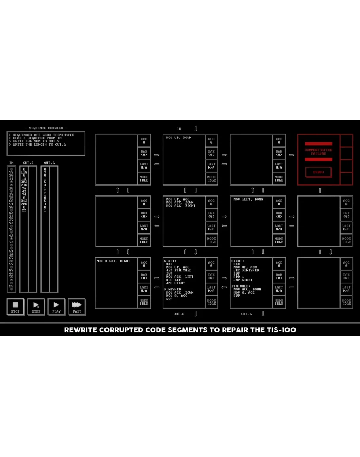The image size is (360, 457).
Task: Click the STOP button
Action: point(15,306)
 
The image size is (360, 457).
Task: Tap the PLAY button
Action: point(57,306)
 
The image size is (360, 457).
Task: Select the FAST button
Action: point(77,306)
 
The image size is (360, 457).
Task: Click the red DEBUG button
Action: point(318,172)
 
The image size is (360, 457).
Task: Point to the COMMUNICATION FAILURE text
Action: point(318,152)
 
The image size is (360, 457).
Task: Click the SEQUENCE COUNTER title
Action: point(46,128)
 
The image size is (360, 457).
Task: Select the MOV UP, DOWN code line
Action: point(179,138)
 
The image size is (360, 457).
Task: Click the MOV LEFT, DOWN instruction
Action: point(248,199)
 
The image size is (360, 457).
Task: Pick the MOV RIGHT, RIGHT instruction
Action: point(113,261)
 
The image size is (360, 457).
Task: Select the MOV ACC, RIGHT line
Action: point(181,206)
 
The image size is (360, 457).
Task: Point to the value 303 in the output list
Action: point(24,182)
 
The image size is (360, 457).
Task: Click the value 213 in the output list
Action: point(24,201)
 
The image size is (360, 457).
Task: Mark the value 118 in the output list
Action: point(24,172)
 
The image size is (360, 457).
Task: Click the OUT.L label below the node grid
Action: point(246,314)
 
